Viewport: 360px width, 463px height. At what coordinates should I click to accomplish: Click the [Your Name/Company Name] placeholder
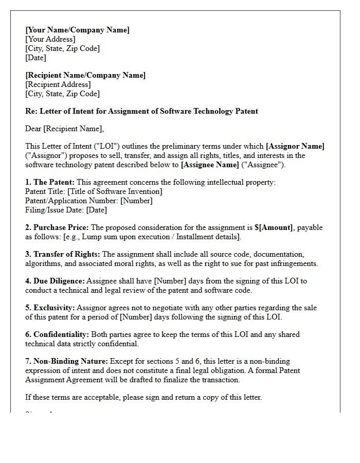pos(77,30)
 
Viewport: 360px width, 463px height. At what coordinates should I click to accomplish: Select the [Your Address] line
pos(50,39)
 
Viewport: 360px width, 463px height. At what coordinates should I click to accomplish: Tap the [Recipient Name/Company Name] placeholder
pos(85,75)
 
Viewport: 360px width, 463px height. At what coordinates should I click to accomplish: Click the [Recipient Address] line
pos(58,84)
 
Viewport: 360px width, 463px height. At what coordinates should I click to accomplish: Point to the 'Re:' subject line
pos(141,111)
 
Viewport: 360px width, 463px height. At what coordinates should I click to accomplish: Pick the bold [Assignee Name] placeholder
pos(210,165)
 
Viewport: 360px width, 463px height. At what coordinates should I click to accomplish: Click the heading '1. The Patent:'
pos(50,182)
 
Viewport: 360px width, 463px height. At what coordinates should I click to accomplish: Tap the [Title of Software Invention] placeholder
pos(115,191)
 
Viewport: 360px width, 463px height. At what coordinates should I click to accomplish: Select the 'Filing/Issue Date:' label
pos(55,210)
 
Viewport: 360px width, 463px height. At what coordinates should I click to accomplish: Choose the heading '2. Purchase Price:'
pos(57,227)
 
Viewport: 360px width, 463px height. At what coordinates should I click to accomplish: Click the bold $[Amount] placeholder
pos(275,227)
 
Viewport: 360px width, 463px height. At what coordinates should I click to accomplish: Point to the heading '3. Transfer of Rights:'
pos(63,254)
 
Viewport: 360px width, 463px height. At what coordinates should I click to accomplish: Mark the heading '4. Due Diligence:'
pos(55,281)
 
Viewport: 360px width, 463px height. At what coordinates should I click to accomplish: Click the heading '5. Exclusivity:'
pos(50,308)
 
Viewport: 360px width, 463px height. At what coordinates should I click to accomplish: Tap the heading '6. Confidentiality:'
pos(57,334)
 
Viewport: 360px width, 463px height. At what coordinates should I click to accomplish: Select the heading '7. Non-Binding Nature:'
pos(66,361)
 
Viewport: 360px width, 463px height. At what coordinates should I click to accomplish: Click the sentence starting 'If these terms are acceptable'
pos(143,397)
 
